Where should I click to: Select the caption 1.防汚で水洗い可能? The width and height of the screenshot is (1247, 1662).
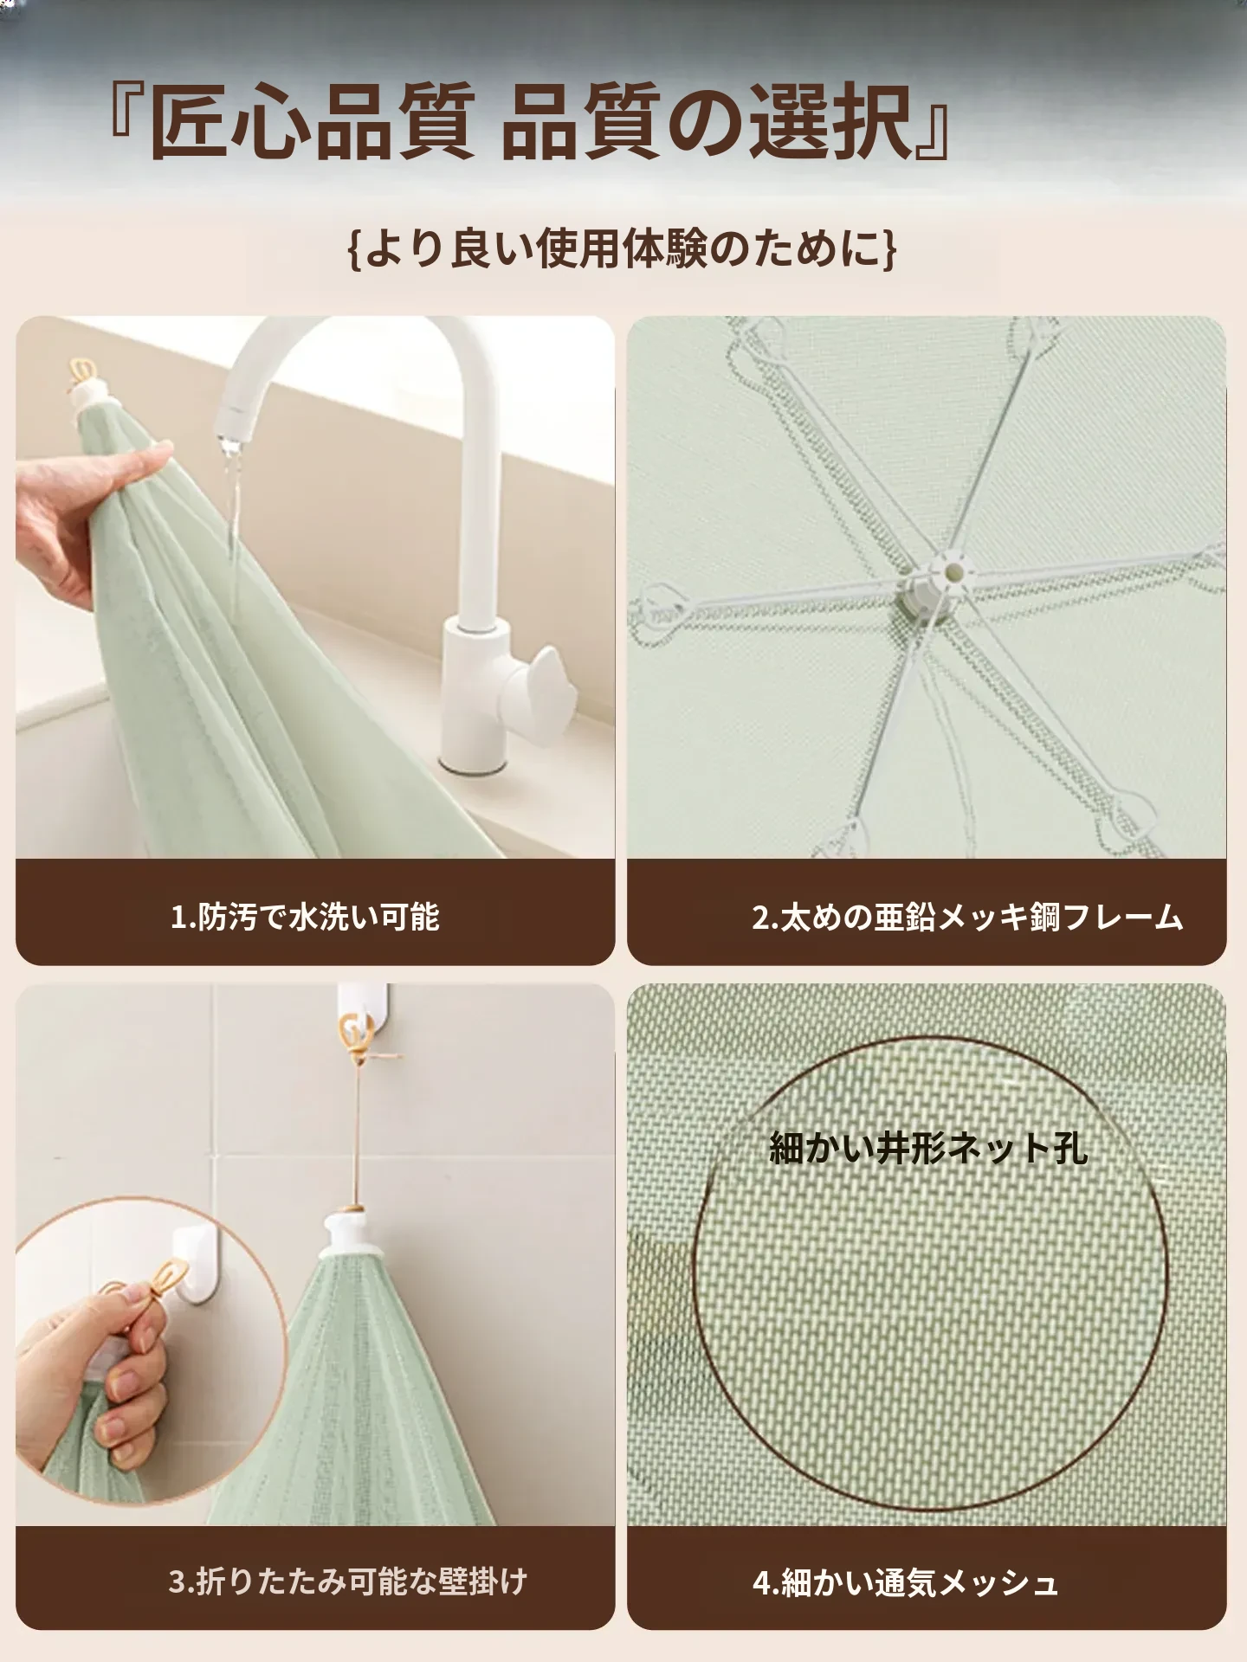click(x=305, y=917)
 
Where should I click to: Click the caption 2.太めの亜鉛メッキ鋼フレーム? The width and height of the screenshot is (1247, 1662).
click(x=967, y=917)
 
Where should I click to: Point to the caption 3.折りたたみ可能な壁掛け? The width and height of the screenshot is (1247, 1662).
click(x=348, y=1581)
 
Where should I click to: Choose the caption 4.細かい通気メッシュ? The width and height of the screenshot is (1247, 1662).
click(x=905, y=1583)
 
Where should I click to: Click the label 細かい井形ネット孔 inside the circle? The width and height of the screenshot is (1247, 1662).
click(x=928, y=1148)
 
